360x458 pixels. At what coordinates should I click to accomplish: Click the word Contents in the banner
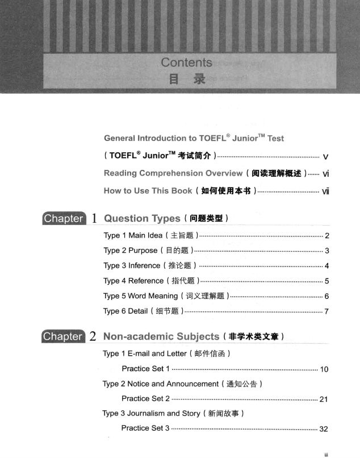click(x=186, y=63)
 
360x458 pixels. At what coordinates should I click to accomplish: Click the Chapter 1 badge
click(x=63, y=218)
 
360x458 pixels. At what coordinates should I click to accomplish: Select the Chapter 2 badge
click(x=63, y=336)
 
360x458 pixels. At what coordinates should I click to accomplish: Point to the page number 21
click(x=324, y=399)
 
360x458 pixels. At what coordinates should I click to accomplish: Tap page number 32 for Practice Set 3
click(x=324, y=429)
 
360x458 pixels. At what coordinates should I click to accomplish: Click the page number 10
click(x=324, y=370)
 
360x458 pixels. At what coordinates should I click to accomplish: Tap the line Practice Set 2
click(x=145, y=398)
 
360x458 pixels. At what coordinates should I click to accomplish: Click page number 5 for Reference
click(x=327, y=281)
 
